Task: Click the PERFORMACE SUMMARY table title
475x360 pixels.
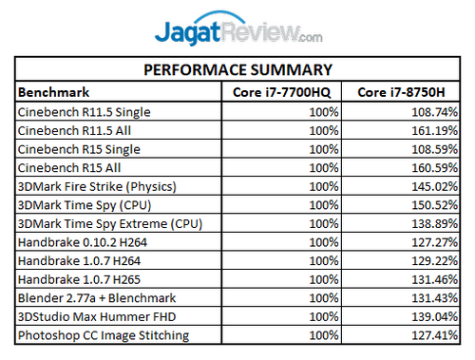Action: point(237,70)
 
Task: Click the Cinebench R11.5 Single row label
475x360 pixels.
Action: point(85,112)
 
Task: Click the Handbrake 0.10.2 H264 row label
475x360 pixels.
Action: point(85,241)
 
